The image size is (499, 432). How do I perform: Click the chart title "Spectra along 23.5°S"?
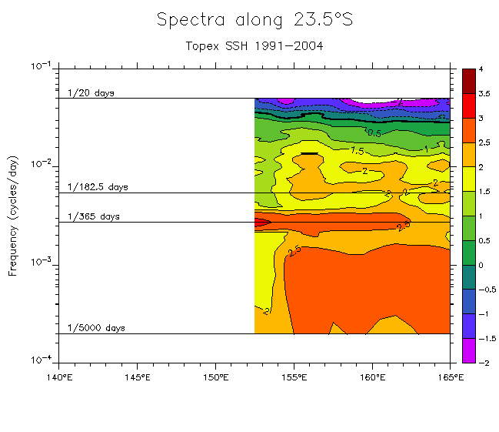tap(254, 20)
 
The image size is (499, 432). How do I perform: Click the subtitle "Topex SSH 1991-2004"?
tap(254, 45)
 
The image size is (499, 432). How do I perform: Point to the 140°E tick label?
tap(59, 377)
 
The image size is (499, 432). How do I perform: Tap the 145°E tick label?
tap(137, 377)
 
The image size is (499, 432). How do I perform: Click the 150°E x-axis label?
tap(215, 377)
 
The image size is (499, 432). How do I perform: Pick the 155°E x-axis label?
tap(294, 377)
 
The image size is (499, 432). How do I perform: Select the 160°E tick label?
tap(372, 377)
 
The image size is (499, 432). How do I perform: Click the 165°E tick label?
tap(449, 377)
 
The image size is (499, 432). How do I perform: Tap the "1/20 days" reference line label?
tap(91, 93)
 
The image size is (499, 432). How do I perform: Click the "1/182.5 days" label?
tap(98, 187)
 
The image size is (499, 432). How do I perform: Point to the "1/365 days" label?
tap(94, 217)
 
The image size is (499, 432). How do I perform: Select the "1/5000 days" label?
tap(96, 328)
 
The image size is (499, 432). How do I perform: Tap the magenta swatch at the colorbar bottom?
tap(468, 350)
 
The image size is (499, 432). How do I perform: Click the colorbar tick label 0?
tap(481, 265)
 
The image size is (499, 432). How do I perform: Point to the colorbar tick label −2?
tap(484, 363)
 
